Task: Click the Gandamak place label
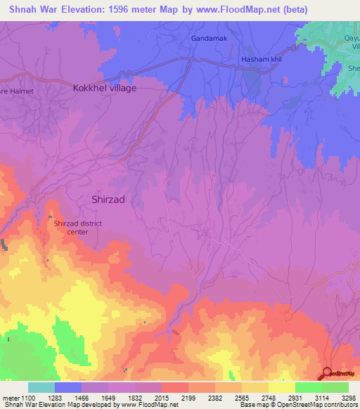tap(209, 38)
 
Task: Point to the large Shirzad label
tap(108, 199)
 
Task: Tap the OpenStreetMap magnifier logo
tap(327, 374)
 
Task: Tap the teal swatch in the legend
tap(41, 387)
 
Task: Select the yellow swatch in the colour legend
tap(281, 387)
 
